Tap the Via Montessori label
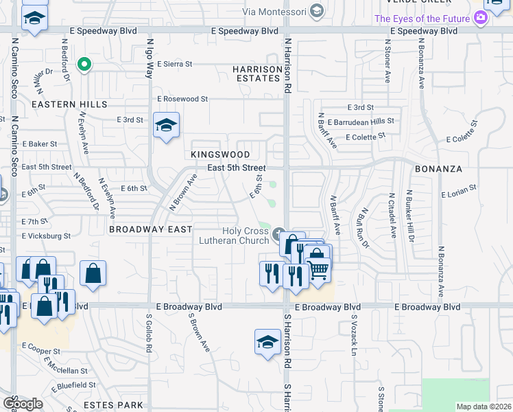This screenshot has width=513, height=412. click(277, 10)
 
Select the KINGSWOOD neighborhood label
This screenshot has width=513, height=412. click(220, 155)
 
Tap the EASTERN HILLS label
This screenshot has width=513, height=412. click(69, 104)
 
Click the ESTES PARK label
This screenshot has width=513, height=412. click(112, 405)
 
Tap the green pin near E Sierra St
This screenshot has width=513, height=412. click(84, 65)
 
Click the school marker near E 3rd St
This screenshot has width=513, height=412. click(166, 126)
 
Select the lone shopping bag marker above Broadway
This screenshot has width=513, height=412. click(93, 273)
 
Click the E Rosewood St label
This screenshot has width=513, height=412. click(182, 99)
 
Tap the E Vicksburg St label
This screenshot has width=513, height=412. click(46, 236)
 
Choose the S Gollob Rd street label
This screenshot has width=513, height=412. click(148, 334)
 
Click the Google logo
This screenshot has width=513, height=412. click(23, 403)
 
